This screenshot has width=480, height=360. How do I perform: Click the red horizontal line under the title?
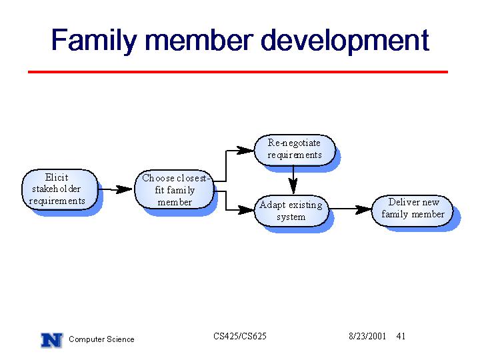click(238, 72)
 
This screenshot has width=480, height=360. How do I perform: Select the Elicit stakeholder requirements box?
click(60, 189)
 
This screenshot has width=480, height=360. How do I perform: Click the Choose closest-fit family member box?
click(174, 189)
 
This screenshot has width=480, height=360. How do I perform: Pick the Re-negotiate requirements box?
click(295, 150)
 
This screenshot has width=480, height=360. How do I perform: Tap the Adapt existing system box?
click(292, 211)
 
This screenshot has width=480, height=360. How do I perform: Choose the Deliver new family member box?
click(412, 211)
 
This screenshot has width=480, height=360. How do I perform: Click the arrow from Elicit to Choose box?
click(115, 189)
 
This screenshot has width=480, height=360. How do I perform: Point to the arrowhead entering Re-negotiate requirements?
click(245, 150)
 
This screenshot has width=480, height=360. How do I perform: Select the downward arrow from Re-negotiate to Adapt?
click(293, 180)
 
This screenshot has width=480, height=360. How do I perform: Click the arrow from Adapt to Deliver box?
click(351, 209)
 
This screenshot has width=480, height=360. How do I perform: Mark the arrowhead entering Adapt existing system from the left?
click(246, 210)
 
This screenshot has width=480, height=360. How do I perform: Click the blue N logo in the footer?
click(52, 340)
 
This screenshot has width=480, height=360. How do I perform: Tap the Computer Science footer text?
click(101, 339)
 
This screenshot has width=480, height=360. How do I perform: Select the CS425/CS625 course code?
click(240, 336)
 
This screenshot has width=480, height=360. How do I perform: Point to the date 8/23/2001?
click(367, 336)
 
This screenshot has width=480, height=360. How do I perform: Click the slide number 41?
click(401, 336)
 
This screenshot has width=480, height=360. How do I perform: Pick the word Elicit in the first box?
click(57, 177)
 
